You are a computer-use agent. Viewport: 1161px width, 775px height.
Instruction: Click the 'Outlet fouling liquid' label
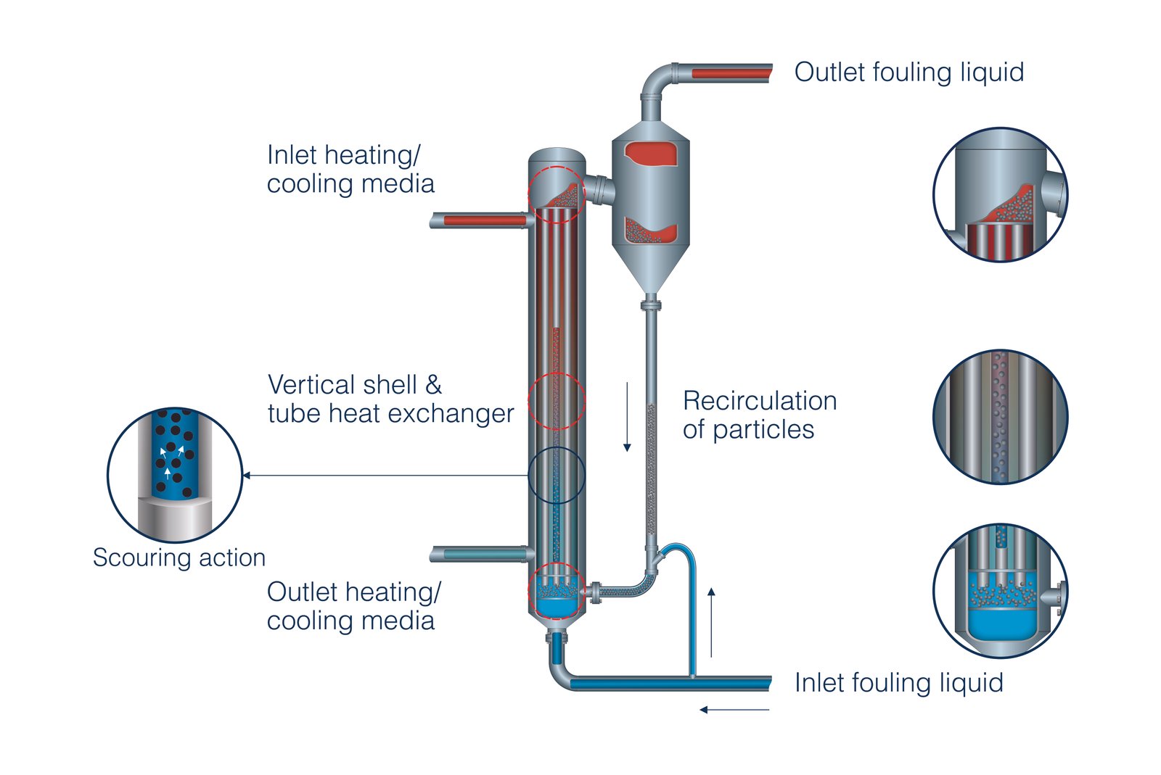tap(908, 72)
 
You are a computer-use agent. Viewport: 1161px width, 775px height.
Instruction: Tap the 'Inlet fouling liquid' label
tap(898, 683)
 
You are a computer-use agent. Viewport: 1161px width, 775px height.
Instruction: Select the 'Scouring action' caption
tap(179, 558)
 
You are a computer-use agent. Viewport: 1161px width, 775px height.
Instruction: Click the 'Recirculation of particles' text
tap(759, 415)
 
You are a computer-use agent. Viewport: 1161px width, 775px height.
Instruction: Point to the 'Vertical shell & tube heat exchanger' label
tap(390, 399)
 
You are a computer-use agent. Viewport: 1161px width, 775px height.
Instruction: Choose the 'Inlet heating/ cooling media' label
tap(350, 169)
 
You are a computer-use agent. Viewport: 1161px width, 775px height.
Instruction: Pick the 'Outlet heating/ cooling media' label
tap(353, 606)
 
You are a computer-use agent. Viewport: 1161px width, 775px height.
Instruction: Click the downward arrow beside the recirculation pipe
tap(627, 416)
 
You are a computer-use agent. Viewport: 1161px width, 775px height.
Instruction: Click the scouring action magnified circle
tap(175, 475)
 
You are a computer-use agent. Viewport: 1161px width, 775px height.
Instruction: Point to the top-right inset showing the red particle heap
tap(1000, 194)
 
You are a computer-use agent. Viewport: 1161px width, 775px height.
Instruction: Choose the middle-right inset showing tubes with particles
tap(1000, 417)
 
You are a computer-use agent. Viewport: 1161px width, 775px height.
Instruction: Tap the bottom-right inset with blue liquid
tap(1000, 591)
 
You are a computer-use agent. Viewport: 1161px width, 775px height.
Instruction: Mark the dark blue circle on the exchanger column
tap(557, 476)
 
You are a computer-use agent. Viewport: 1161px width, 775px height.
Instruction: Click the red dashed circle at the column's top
tap(557, 194)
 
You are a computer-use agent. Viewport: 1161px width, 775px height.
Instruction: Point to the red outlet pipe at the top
tap(730, 73)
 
